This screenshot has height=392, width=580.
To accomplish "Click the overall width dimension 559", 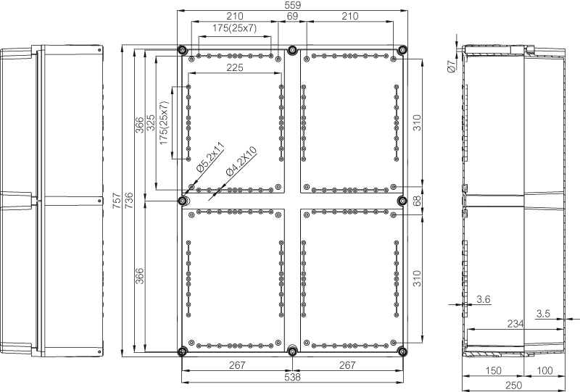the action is click(293, 5).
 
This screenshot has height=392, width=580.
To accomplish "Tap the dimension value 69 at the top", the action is click(292, 16).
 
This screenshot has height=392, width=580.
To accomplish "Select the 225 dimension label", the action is click(235, 67).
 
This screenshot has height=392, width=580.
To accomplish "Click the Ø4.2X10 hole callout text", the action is click(241, 162).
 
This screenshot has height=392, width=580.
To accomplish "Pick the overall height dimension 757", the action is click(117, 200).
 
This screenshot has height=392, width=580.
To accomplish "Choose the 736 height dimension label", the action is click(129, 200).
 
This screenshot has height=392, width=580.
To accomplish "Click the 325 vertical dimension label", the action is click(151, 122).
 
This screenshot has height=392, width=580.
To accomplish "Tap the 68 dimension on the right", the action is click(417, 201).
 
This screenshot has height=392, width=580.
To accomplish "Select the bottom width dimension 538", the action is click(293, 378).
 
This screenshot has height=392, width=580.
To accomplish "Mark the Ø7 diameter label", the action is click(451, 66).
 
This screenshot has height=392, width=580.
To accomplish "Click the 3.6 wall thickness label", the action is click(484, 299).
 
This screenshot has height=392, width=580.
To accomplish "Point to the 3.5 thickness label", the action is click(543, 314).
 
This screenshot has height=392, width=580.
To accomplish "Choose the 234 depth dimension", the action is click(515, 324).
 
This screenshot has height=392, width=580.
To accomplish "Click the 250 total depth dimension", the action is click(514, 385).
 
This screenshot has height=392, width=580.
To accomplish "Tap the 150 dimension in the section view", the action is click(494, 370).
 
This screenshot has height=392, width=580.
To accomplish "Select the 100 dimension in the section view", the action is click(544, 370).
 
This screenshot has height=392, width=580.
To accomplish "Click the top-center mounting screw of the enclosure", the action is click(293, 49).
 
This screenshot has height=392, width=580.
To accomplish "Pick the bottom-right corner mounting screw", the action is click(402, 351).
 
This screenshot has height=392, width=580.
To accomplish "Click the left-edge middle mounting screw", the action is click(183, 201).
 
